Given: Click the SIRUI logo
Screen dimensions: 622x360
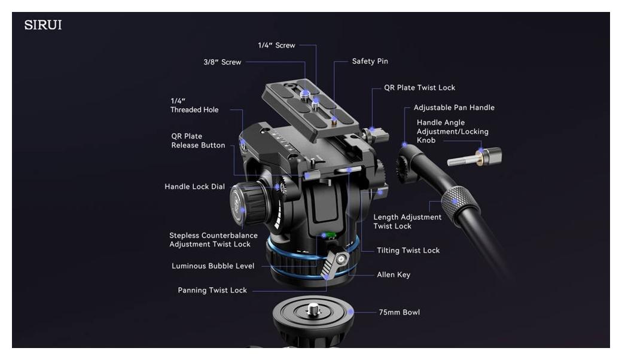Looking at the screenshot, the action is click(x=43, y=25).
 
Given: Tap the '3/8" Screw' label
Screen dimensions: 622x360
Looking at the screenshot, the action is click(x=222, y=62).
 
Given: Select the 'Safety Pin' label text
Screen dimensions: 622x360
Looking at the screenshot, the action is click(x=370, y=61).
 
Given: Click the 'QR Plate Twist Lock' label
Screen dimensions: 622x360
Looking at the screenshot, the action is click(x=419, y=88).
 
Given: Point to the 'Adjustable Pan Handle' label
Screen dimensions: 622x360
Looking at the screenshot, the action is click(x=454, y=108).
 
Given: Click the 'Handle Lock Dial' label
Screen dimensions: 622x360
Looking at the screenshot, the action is click(x=194, y=187).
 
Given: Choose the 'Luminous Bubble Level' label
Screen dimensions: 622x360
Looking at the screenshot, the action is click(x=213, y=266).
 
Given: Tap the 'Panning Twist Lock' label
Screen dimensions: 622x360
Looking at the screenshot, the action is click(x=212, y=290).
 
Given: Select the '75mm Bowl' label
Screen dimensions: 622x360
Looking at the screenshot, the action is click(x=399, y=312).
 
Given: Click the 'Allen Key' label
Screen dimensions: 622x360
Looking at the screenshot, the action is click(x=393, y=274).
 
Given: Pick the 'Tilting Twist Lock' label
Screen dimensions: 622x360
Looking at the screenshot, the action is click(x=408, y=250).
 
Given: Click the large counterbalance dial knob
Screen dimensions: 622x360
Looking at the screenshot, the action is click(x=248, y=203).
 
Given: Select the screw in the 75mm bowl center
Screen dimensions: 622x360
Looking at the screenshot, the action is click(x=313, y=310).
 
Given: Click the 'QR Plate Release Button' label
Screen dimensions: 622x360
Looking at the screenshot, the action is click(x=198, y=141).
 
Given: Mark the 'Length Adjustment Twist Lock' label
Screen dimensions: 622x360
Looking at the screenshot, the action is click(x=407, y=222).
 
